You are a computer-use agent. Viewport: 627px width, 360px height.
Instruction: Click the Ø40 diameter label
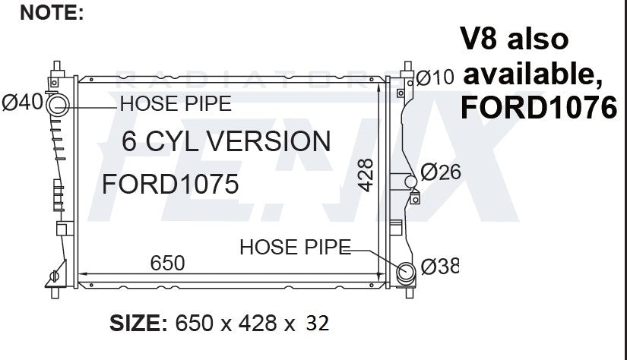click(22, 103)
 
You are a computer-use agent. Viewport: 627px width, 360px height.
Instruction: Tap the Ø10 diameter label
click(435, 77)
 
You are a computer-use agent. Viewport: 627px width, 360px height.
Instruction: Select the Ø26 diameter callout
click(441, 172)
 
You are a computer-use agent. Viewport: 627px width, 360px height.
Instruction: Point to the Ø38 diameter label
click(440, 267)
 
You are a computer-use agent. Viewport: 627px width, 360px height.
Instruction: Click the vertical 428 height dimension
click(366, 175)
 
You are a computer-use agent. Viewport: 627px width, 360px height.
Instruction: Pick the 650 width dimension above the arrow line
click(167, 263)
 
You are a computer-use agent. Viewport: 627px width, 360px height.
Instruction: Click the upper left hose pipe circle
click(58, 106)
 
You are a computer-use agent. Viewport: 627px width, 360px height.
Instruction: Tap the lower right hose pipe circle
click(407, 273)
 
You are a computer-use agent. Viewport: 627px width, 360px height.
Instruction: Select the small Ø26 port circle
click(410, 182)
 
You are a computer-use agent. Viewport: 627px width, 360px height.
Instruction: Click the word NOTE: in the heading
click(52, 13)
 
